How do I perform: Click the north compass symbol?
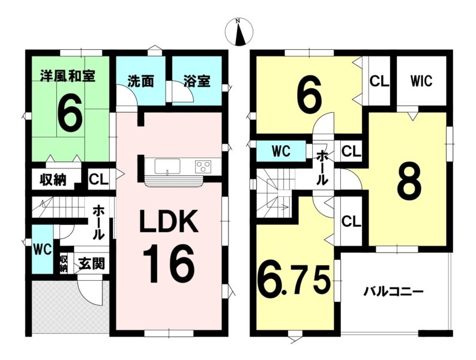(240, 31)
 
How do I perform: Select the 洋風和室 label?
(68, 76)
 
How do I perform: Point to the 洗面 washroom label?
(140, 82)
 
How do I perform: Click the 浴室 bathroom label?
(197, 82)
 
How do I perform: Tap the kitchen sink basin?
(167, 167)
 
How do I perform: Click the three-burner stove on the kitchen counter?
(203, 166)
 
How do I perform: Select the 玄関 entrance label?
(92, 263)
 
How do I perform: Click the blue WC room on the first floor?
(43, 249)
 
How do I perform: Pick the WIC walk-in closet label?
(421, 81)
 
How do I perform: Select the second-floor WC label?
(281, 151)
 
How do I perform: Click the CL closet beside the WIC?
(379, 82)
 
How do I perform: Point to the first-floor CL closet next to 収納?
(98, 179)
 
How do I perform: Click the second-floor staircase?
(275, 193)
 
